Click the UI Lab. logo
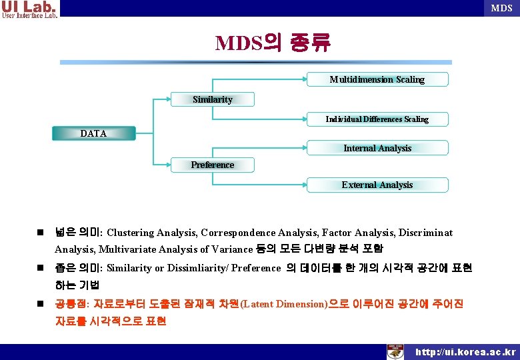point(30,9)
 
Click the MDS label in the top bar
point(501,8)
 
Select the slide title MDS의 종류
point(272,43)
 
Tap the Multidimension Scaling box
point(377,79)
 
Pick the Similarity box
point(213,99)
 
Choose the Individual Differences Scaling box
point(377,119)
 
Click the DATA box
point(93,133)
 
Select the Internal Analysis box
point(377,148)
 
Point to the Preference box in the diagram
point(213,165)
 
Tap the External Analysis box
point(377,185)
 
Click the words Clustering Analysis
point(151,233)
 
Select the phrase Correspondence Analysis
point(260,233)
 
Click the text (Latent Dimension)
point(283,304)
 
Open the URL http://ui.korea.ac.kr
point(465,352)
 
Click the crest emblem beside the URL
point(396,351)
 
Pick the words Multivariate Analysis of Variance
point(175,249)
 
